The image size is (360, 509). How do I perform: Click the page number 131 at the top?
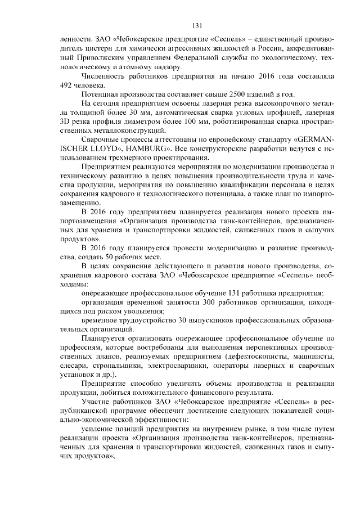click(x=197, y=26)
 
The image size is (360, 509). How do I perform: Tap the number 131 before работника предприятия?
click(x=236, y=293)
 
